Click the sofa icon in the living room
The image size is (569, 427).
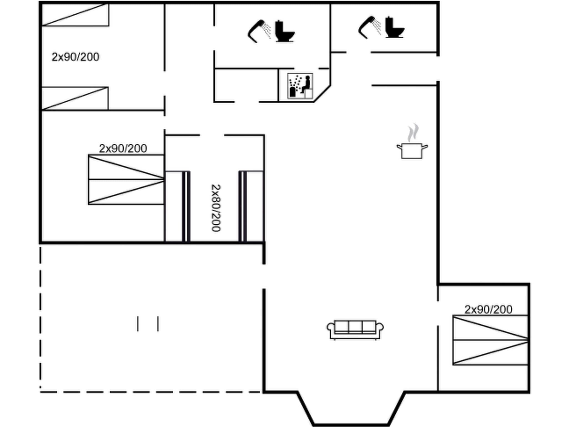pos(355,330)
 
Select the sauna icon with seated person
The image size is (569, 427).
pos(300,86)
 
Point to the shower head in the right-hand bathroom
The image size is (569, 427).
pos(370,27)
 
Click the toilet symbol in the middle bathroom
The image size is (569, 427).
pos(284,31)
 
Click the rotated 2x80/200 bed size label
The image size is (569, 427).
pos(216,208)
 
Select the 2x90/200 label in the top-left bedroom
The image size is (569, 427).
pos(76,57)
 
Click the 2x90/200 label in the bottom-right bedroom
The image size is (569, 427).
pos(488,309)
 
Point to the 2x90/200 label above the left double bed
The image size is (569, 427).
pos(123,148)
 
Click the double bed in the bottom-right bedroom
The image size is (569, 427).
pos(490,340)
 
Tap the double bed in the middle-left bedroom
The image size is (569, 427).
pos(126,180)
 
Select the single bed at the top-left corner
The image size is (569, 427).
pos(75,15)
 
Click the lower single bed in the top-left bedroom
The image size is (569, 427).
pos(74,98)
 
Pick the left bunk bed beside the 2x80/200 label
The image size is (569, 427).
pos(178,206)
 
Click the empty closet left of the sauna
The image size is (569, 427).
pos(246,85)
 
